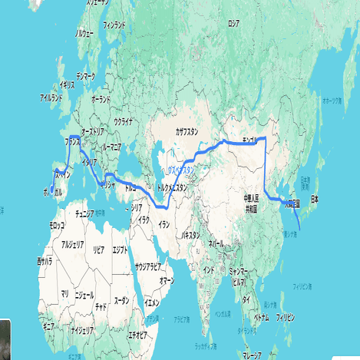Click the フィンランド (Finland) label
point(114,25)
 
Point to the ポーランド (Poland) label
point(101,99)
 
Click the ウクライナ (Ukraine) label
point(124,121)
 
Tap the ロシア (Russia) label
point(233,23)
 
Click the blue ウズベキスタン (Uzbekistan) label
point(181,169)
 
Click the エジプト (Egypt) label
point(121,249)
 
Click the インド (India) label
point(207,271)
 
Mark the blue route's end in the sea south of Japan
point(299,230)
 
